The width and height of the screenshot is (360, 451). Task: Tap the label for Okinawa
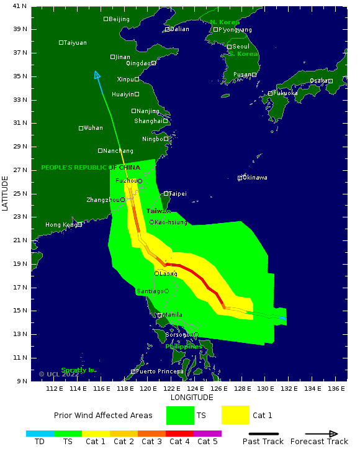pyautogui.click(x=255, y=178)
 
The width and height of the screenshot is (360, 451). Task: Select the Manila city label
pyautogui.click(x=172, y=315)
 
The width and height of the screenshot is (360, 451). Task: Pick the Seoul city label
pyautogui.click(x=240, y=47)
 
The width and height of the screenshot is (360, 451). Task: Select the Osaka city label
pyautogui.click(x=318, y=81)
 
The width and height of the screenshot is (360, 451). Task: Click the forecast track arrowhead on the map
pyautogui.click(x=96, y=75)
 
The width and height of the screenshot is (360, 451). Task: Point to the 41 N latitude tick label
pyautogui.click(x=20, y=6)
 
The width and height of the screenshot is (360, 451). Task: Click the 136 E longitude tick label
pyautogui.click(x=336, y=389)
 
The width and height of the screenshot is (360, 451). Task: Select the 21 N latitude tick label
pyautogui.click(x=20, y=240)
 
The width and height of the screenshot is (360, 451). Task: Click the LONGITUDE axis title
pyautogui.click(x=192, y=398)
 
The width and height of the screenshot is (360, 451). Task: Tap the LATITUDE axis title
pyautogui.click(x=6, y=193)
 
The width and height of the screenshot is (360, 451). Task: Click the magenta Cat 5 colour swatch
pyautogui.click(x=207, y=434)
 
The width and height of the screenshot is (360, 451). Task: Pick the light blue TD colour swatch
pyautogui.click(x=40, y=434)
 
